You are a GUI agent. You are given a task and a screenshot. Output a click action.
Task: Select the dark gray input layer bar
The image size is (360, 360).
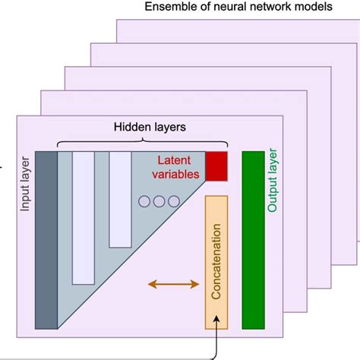point(46,240)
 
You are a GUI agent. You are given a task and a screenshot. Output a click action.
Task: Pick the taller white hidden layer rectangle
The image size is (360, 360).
point(83,217)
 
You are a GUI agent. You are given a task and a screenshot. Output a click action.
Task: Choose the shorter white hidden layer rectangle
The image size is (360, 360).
point(120,199)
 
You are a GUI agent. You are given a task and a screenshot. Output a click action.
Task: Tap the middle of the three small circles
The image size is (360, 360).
point(159,201)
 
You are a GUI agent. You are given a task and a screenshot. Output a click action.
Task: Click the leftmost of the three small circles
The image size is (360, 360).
point(145,201)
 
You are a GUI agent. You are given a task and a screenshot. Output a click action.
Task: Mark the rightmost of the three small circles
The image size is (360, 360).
point(174,201)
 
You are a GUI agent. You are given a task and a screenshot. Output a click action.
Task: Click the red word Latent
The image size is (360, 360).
point(178,160)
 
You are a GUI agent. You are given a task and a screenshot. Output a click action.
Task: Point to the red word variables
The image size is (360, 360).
point(179,175)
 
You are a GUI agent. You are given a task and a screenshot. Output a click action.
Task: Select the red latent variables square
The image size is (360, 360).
point(216,166)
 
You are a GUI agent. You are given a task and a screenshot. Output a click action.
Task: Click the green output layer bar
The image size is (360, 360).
point(253,240)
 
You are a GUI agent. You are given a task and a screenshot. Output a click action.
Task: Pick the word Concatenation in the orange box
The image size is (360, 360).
point(216,262)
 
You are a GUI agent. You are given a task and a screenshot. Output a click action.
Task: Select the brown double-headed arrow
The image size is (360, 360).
point(172,284)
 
